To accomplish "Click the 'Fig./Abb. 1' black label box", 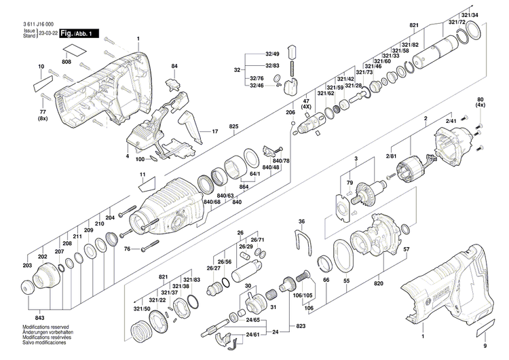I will (79, 33).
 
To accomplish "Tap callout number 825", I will (234, 127).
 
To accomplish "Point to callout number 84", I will (175, 66).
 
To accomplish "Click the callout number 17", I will (215, 131).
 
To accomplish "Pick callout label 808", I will (67, 62).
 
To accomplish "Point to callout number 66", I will (325, 280).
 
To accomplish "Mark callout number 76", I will (126, 249).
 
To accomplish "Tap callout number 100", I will (139, 160).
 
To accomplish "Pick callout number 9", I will (485, 345).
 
